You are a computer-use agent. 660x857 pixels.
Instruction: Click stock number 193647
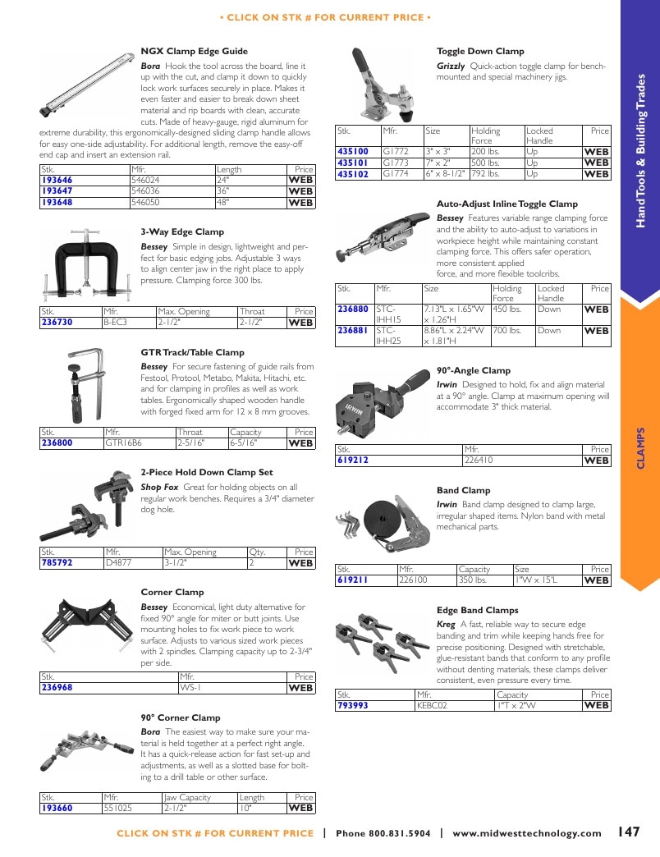[57, 191]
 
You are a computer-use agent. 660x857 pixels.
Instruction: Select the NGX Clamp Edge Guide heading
[194, 52]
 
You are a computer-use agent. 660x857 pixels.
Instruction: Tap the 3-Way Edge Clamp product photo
[86, 264]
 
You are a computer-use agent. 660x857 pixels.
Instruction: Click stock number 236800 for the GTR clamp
[57, 443]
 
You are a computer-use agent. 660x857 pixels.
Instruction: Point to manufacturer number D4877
[118, 563]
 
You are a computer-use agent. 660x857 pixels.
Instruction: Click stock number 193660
[57, 809]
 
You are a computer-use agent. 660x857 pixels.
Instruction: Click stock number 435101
[353, 163]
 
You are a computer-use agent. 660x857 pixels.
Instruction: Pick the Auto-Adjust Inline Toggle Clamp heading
[507, 204]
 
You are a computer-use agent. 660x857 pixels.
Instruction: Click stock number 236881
[353, 331]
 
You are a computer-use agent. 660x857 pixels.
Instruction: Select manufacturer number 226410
[479, 461]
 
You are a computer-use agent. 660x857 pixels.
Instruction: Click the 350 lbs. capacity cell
[473, 580]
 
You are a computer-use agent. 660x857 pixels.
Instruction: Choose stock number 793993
[353, 706]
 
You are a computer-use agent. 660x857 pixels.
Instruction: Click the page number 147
[629, 832]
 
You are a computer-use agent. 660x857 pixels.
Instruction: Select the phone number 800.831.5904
[400, 833]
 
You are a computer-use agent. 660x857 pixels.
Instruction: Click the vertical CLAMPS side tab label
[641, 448]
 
